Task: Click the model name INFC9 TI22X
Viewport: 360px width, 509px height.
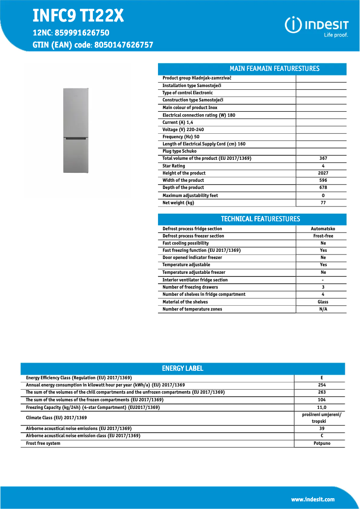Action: point(78,16)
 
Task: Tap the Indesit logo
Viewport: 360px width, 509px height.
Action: point(317,26)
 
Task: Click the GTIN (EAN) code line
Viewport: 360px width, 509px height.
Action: point(93,45)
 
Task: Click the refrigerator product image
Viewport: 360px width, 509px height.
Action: point(76,130)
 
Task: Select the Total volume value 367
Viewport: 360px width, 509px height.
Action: point(323,158)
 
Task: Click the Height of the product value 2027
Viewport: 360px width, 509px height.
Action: point(323,173)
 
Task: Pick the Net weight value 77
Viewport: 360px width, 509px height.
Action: point(323,203)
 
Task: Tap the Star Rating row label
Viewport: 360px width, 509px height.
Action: point(174,166)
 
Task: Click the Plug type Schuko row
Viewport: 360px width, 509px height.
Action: point(180,151)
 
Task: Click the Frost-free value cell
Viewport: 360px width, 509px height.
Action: point(323,236)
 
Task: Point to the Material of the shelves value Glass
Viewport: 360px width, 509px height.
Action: point(323,302)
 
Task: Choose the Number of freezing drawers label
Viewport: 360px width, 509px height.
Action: point(190,287)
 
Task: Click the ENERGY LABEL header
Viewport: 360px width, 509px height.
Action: point(182,369)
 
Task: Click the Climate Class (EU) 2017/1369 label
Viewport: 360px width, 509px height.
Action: point(57,418)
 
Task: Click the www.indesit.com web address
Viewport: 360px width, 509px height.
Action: point(312,500)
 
